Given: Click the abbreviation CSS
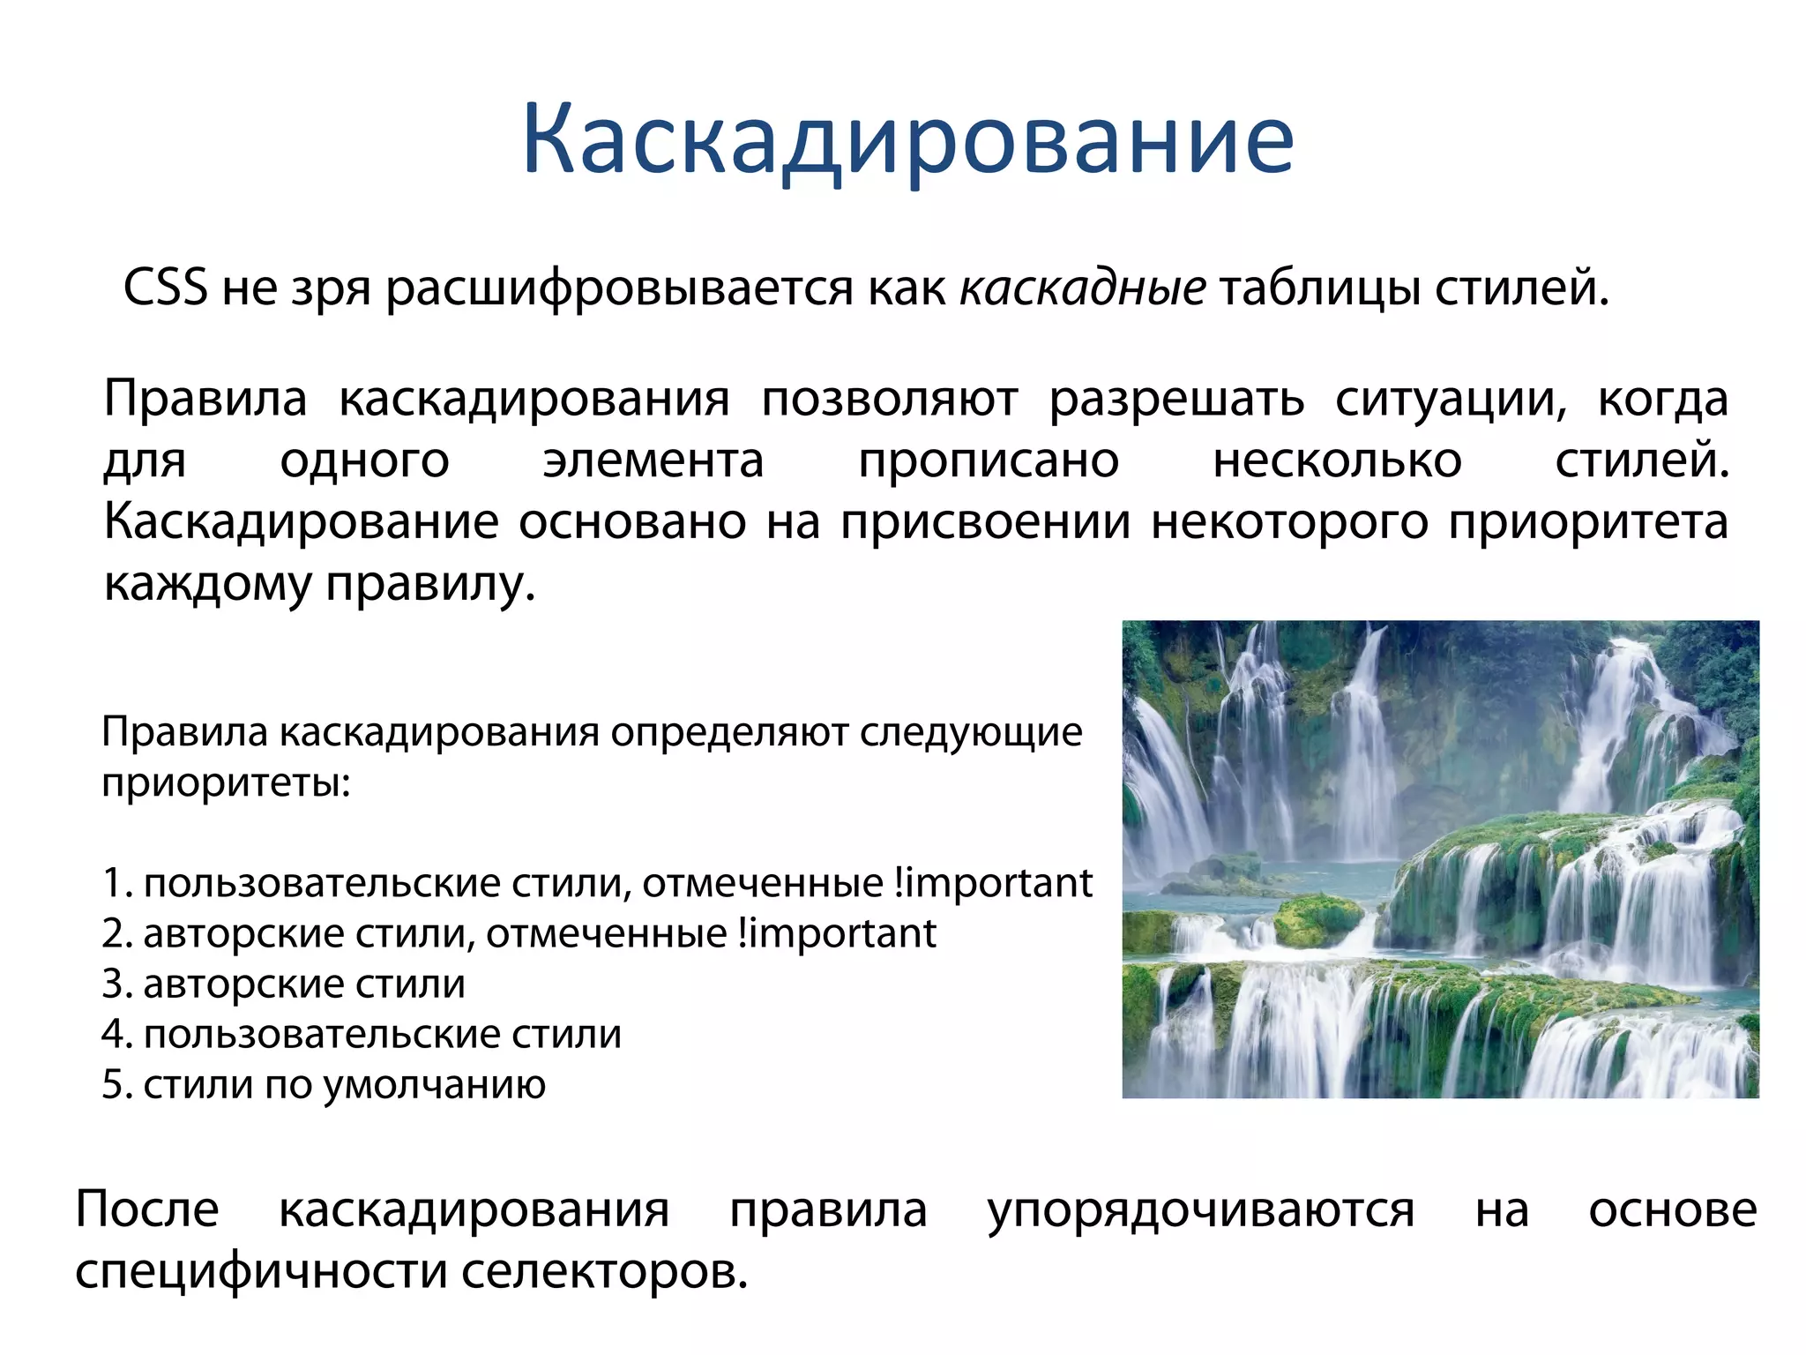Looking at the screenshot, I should pyautogui.click(x=165, y=288).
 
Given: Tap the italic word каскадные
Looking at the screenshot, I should pyautogui.click(x=1082, y=288).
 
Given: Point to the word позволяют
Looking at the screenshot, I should pyautogui.click(x=889, y=399).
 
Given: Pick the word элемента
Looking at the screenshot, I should pyautogui.click(x=653, y=460).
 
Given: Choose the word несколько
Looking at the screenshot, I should pyautogui.click(x=1337, y=460).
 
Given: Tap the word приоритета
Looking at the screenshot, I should pyautogui.click(x=1588, y=522).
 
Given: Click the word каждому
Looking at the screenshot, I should pyautogui.click(x=208, y=584).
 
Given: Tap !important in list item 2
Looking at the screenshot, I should pyautogui.click(x=837, y=933).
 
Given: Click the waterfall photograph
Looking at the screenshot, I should pyautogui.click(x=1440, y=859).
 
